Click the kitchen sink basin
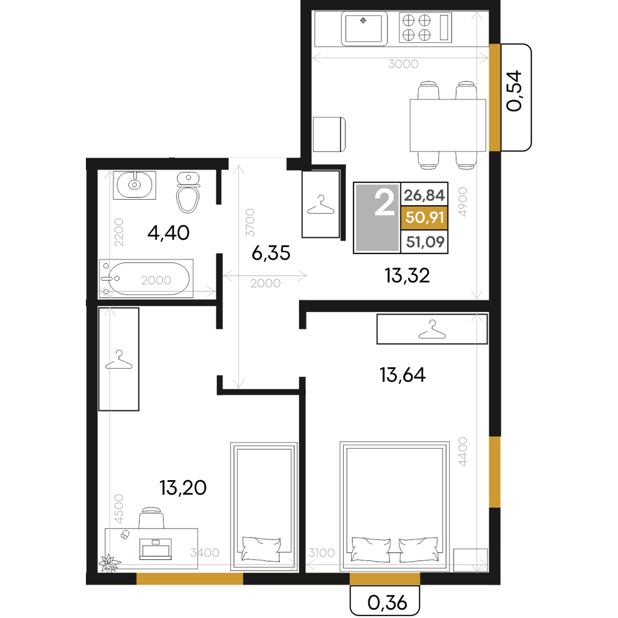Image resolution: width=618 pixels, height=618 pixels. pyautogui.click(x=364, y=29)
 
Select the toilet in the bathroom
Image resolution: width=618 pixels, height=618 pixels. pyautogui.click(x=188, y=192)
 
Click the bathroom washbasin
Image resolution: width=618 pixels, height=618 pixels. pyautogui.click(x=134, y=185)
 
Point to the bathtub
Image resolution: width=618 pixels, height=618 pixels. pyautogui.click(x=146, y=278)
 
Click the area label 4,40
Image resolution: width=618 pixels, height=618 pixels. pyautogui.click(x=168, y=233)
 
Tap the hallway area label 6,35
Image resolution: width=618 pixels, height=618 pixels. pyautogui.click(x=271, y=253)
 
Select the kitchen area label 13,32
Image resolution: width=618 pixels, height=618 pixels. pyautogui.click(x=407, y=276)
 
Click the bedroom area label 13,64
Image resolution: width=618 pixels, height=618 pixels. pyautogui.click(x=402, y=375)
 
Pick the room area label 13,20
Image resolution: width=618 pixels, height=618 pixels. pyautogui.click(x=183, y=488)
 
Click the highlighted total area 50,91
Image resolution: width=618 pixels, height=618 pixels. pyautogui.click(x=425, y=218)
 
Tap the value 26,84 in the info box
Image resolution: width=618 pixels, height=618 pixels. pyautogui.click(x=424, y=195)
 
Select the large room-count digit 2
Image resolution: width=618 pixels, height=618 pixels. pyautogui.click(x=384, y=202)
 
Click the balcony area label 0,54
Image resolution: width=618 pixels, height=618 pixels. pyautogui.click(x=514, y=91)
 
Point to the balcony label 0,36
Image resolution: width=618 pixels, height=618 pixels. pyautogui.click(x=387, y=603)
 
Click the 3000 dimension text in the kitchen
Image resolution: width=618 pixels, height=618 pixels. pyautogui.click(x=403, y=64)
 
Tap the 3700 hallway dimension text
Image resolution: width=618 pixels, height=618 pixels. pyautogui.click(x=250, y=222)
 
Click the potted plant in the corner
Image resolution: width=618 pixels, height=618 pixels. pyautogui.click(x=109, y=563)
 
